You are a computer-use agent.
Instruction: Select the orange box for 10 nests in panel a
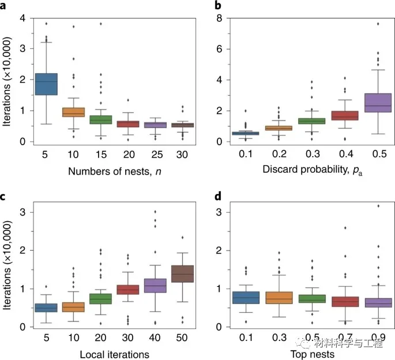[x=74, y=112]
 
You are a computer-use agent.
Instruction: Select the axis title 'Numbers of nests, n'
[x=115, y=170]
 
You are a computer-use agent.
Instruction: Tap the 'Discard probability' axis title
[x=311, y=170]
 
